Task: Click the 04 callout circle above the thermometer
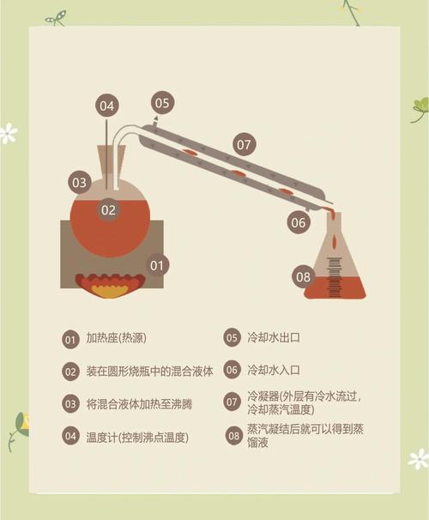click(106, 106)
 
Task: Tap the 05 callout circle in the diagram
click(162, 103)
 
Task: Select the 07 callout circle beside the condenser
click(244, 145)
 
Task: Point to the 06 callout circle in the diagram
click(299, 222)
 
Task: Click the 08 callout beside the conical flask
click(304, 276)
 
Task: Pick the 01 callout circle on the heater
click(158, 265)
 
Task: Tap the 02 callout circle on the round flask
click(108, 210)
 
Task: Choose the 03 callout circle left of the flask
click(80, 183)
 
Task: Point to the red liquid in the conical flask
click(335, 287)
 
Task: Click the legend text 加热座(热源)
click(117, 338)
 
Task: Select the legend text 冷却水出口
click(274, 337)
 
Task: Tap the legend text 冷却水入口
click(274, 370)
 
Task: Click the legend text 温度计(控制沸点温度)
click(137, 438)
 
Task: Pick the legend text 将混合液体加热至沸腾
click(139, 404)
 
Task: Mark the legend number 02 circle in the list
click(70, 372)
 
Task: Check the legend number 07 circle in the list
click(232, 402)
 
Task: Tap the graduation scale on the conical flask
click(334, 277)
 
